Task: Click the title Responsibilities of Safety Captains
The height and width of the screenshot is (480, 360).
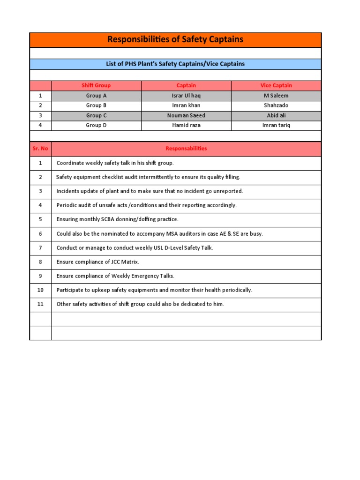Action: (175, 39)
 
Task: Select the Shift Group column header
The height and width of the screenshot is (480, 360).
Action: (96, 85)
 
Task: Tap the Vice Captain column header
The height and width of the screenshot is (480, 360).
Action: (276, 85)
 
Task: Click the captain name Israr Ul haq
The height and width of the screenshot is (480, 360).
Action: (186, 96)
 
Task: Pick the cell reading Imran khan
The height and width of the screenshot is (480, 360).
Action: (186, 105)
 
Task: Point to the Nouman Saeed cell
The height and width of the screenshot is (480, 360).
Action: (186, 115)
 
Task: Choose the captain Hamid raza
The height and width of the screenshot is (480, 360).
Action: (186, 125)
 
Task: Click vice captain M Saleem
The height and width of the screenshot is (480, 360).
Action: (276, 96)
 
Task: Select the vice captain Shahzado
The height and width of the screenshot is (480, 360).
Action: (276, 105)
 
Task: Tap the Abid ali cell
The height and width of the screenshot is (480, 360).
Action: (276, 115)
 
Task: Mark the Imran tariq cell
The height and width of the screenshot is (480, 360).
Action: (276, 125)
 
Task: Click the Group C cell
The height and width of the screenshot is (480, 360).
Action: (96, 115)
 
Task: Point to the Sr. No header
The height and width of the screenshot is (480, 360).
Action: (40, 149)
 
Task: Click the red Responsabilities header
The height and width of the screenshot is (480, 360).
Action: (186, 149)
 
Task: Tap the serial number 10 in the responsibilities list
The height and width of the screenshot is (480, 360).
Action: (40, 290)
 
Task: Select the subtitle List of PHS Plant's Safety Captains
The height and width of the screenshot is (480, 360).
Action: (175, 64)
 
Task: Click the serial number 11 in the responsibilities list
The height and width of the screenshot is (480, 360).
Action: (40, 304)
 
